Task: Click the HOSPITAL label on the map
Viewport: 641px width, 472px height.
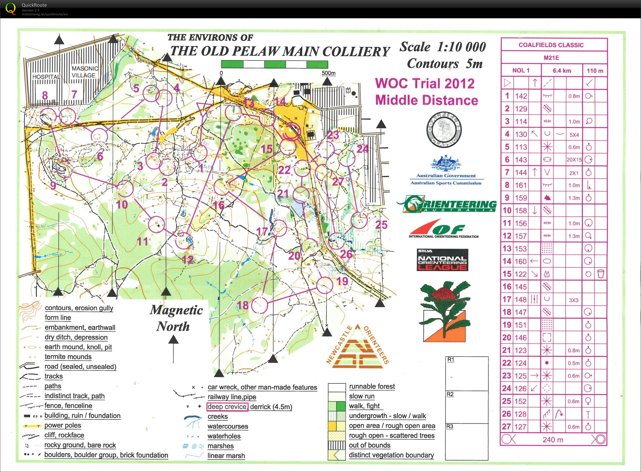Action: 46,77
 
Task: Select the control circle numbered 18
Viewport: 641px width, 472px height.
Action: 260,305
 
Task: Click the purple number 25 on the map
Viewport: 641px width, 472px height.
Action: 381,224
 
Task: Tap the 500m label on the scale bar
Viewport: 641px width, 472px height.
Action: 328,73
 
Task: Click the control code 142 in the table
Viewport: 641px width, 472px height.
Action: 521,96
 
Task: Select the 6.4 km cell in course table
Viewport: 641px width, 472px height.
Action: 562,71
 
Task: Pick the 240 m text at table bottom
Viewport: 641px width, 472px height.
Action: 553,440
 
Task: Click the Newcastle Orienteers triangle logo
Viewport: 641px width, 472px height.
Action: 357,349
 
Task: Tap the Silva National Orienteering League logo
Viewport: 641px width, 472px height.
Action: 442,260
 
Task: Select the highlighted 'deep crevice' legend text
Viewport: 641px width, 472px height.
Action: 227,406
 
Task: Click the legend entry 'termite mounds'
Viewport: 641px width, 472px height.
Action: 68,357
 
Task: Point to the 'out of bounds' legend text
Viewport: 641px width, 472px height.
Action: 369,445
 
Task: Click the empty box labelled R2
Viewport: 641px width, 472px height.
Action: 467,407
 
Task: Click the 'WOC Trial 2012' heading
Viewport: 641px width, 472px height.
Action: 424,83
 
